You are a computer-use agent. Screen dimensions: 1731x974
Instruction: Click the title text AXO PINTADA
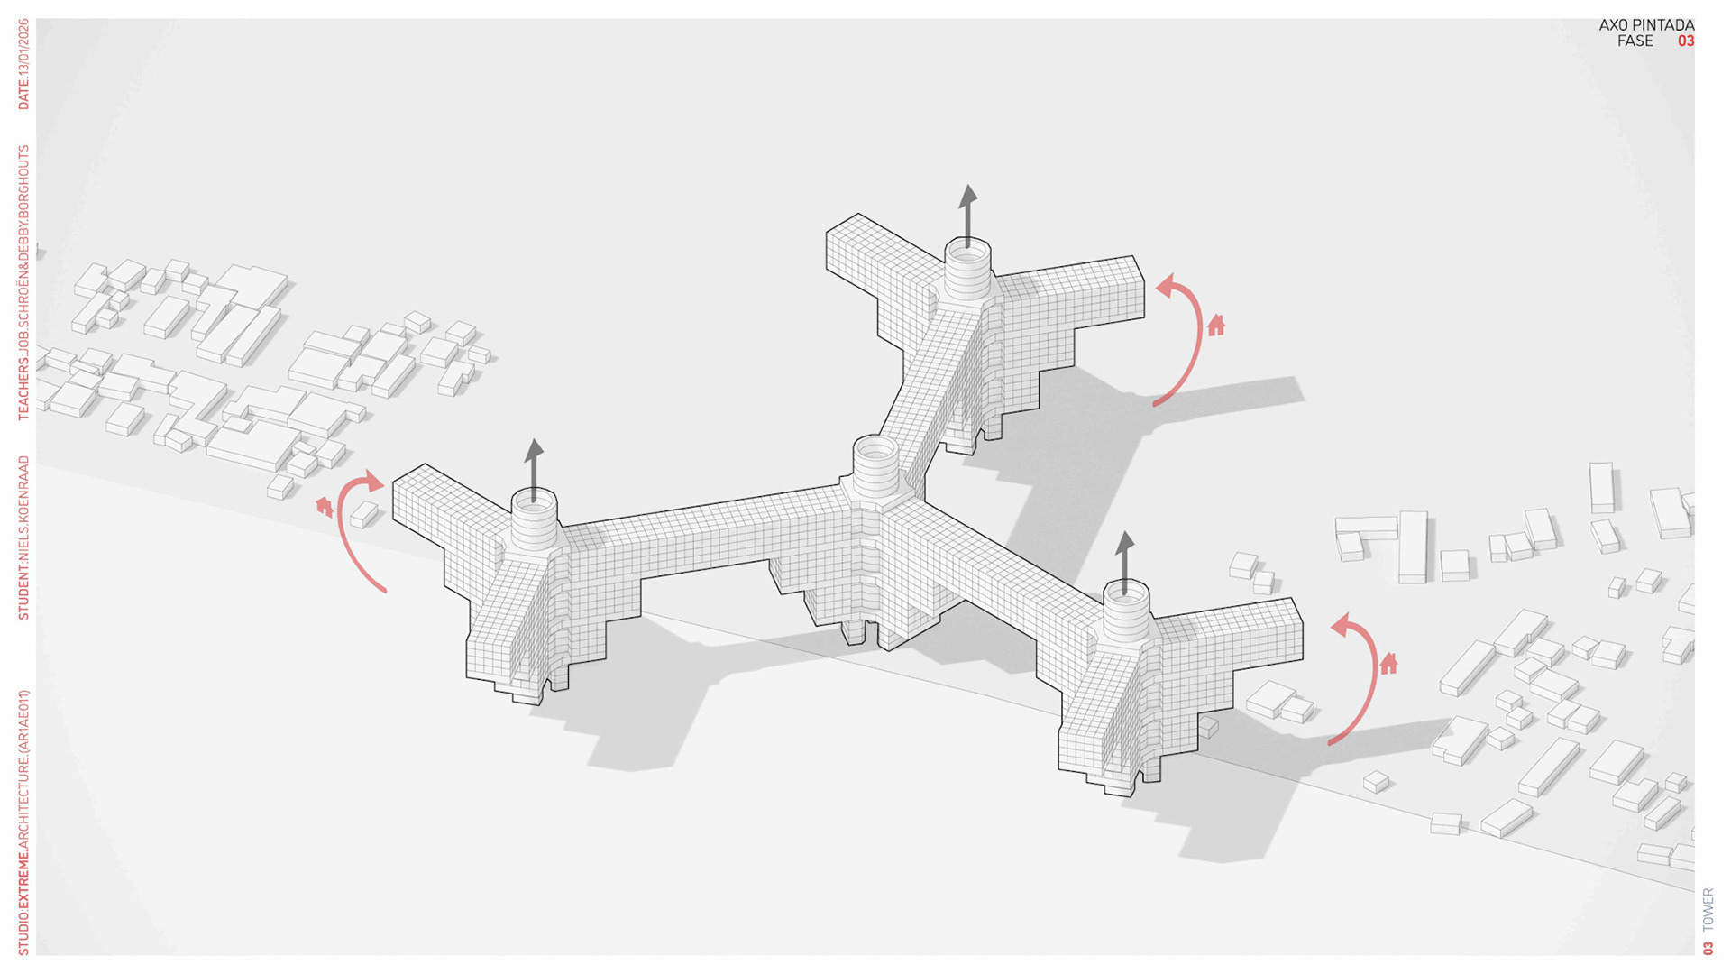tap(1645, 25)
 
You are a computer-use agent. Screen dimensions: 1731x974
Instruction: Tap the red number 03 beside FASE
tap(1685, 41)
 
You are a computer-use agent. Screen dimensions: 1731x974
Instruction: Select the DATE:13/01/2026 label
tap(23, 65)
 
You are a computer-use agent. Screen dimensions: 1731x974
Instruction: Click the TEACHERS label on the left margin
tap(23, 283)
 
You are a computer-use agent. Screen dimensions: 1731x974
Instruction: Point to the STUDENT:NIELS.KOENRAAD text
tap(23, 538)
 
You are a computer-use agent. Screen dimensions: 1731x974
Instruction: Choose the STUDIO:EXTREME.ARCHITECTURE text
tap(23, 822)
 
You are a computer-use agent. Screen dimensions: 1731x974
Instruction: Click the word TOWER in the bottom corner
tap(1708, 910)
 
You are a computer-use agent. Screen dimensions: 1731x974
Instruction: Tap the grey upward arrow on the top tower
tap(967, 215)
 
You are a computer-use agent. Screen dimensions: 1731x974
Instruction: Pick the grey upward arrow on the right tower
tap(1124, 561)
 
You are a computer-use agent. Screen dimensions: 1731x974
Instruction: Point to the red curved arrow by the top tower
tap(1185, 338)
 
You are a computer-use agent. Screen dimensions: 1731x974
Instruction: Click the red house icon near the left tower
tap(325, 507)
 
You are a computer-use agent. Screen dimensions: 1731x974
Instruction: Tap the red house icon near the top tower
tap(1216, 325)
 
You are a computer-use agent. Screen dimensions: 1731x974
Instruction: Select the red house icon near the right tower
tap(1388, 664)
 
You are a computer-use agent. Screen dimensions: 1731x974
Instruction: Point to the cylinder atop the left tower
tap(534, 520)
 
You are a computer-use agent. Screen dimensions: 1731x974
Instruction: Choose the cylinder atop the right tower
tap(1126, 611)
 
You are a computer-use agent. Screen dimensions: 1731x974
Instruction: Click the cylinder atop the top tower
tap(967, 267)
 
